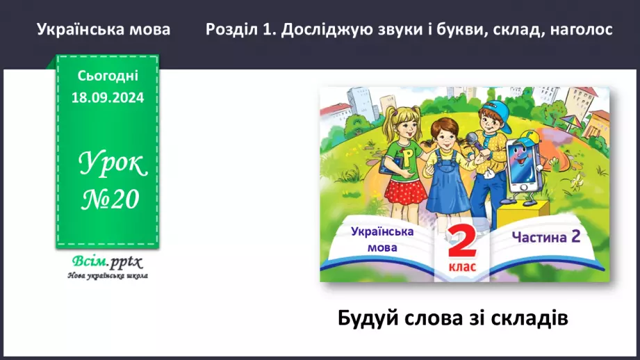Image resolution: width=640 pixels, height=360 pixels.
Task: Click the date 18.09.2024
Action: click(107, 98)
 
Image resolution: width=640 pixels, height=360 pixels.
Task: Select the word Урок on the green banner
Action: click(112, 165)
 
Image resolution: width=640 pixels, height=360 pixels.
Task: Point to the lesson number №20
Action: click(107, 199)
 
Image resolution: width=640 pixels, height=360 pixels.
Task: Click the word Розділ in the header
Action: click(231, 31)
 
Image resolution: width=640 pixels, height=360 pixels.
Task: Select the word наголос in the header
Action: click(582, 31)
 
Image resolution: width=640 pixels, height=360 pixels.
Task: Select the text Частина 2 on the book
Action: click(545, 237)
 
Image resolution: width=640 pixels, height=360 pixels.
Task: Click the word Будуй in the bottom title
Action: click(366, 319)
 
